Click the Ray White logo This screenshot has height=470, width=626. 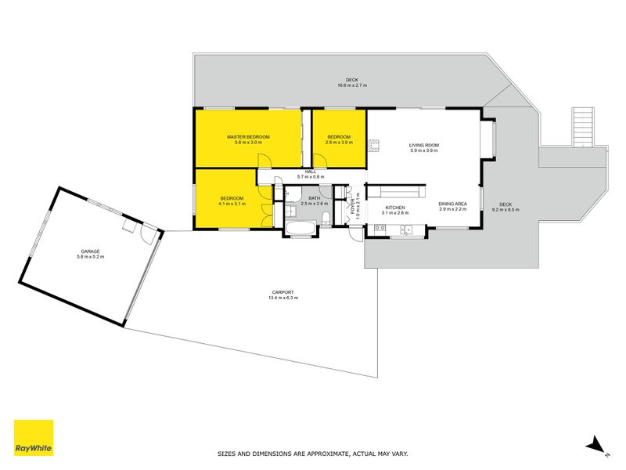pyautogui.click(x=34, y=438)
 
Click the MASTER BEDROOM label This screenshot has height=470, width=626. pyautogui.click(x=248, y=137)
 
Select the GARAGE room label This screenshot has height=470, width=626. pyautogui.click(x=91, y=251)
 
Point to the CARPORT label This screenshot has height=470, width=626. pyautogui.click(x=282, y=292)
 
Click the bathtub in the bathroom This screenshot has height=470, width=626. pyautogui.click(x=300, y=229)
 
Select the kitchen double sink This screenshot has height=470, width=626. pyautogui.click(x=407, y=230)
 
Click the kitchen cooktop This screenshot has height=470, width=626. pyautogui.click(x=380, y=228)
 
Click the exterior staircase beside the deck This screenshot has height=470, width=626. pyautogui.click(x=582, y=127)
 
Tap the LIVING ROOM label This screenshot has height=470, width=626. pyautogui.click(x=424, y=146)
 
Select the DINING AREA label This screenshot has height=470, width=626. pyautogui.click(x=453, y=204)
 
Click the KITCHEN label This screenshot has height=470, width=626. pyautogui.click(x=395, y=208)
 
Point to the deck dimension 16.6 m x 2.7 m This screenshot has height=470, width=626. pyautogui.click(x=352, y=85)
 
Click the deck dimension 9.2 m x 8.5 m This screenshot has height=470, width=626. pyautogui.click(x=505, y=210)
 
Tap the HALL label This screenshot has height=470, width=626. pyautogui.click(x=311, y=172)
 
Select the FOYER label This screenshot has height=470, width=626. pyautogui.click(x=353, y=207)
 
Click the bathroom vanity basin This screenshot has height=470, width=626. pyautogui.click(x=290, y=210)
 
